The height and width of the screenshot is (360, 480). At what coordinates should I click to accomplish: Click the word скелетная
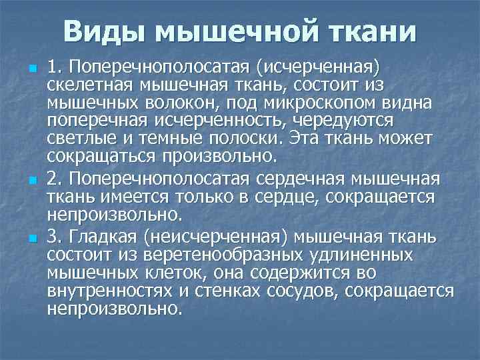tap(90, 85)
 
